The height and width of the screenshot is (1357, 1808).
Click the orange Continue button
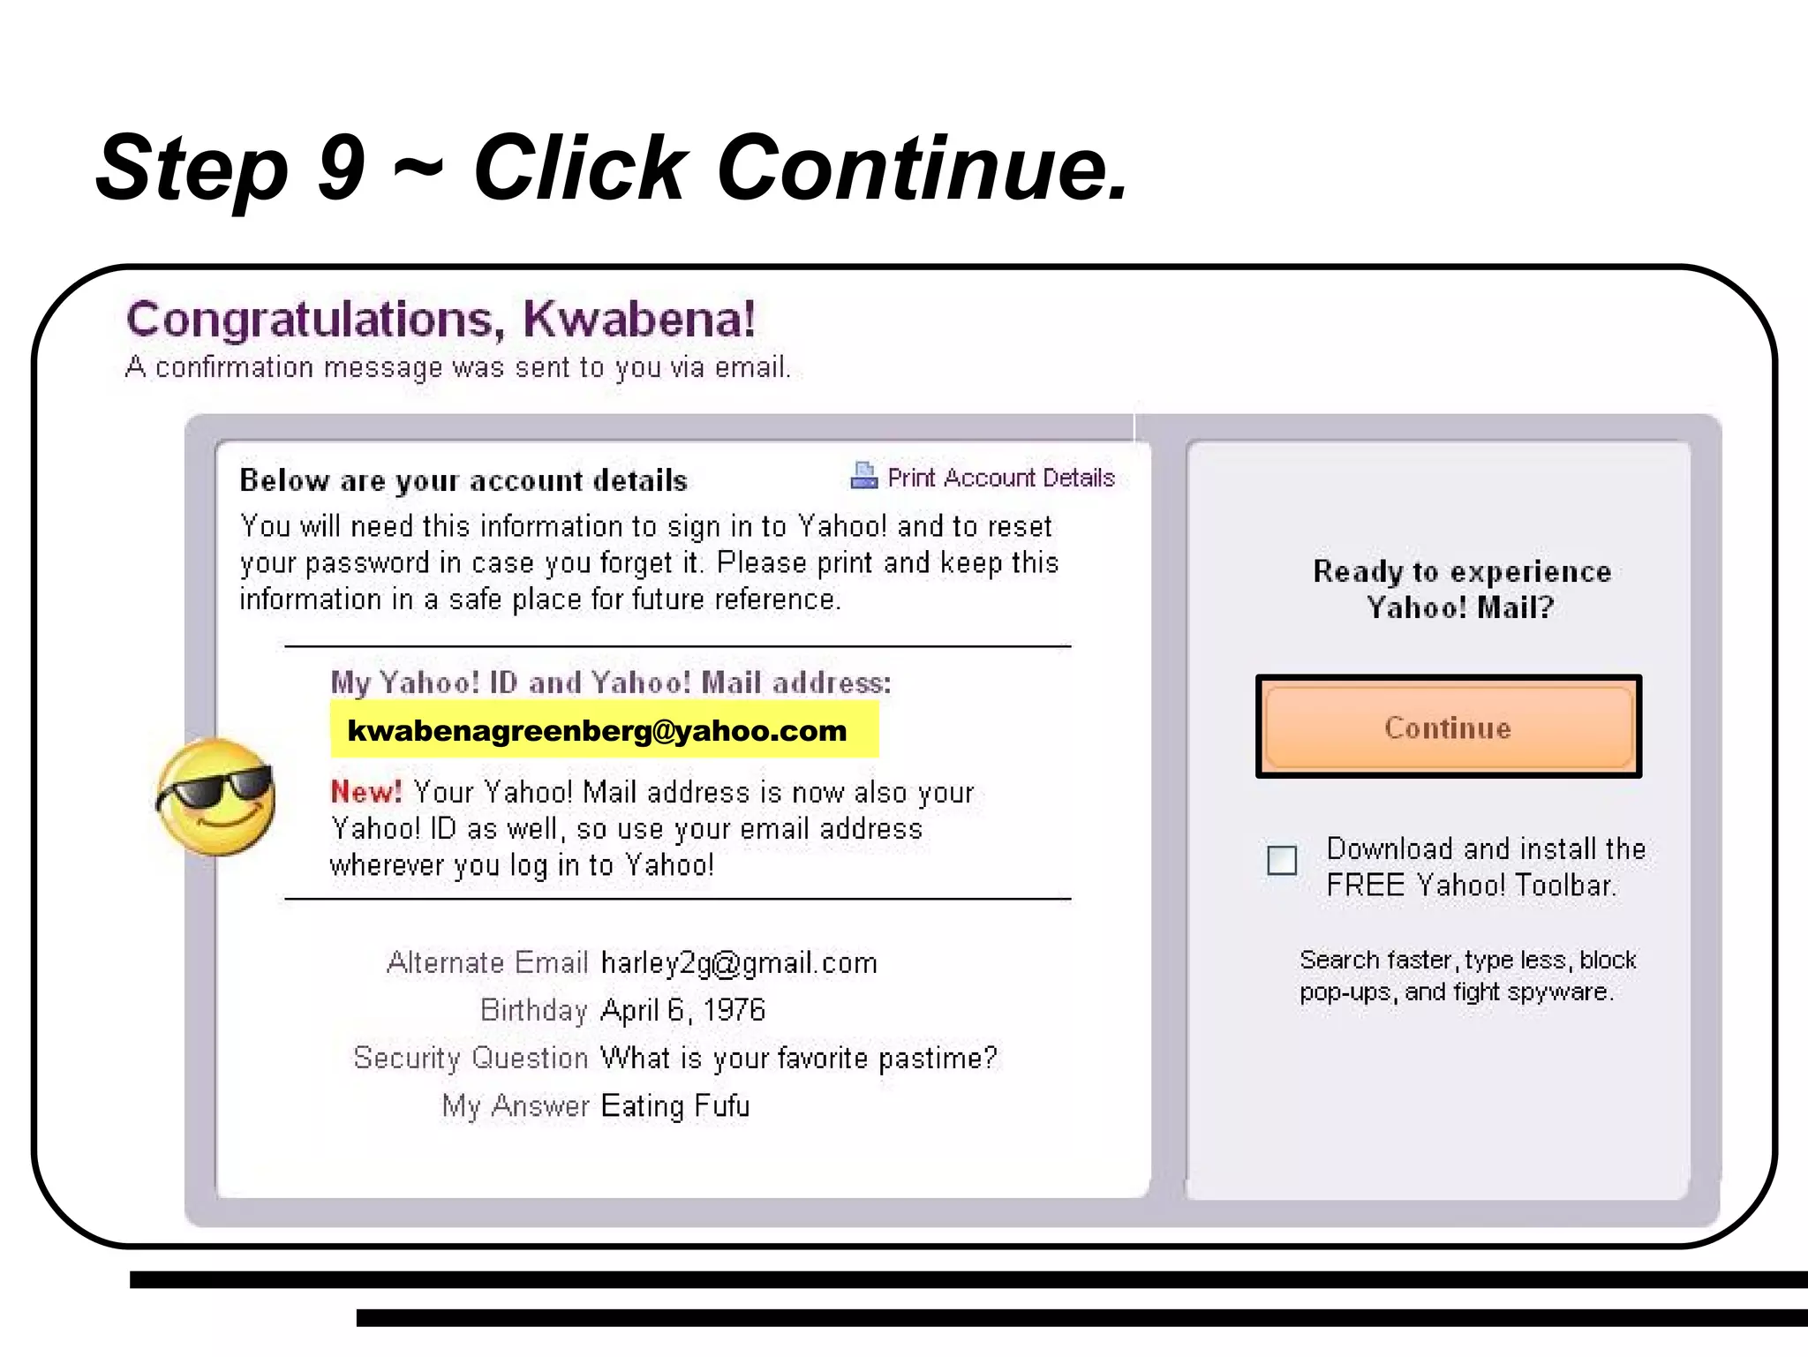[1448, 728]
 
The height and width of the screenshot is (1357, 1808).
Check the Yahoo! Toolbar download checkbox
[1282, 860]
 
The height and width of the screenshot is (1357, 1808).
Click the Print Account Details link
[1001, 478]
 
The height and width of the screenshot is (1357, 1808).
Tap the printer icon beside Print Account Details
[863, 476]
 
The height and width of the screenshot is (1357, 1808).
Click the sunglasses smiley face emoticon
[216, 797]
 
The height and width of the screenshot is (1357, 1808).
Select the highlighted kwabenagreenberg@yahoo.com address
[597, 731]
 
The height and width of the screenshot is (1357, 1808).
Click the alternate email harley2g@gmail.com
[739, 963]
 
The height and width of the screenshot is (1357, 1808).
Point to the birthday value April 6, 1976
[682, 1010]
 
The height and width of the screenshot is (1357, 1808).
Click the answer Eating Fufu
[674, 1106]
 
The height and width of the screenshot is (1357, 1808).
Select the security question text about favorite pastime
[798, 1058]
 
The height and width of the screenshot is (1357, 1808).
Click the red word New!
[365, 792]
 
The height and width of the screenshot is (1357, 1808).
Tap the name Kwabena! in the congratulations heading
[639, 320]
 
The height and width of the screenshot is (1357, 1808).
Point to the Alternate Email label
[487, 963]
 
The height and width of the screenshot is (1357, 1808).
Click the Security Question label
[471, 1058]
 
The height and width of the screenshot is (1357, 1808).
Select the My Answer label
[516, 1106]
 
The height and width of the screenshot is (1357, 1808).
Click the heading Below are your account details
[463, 480]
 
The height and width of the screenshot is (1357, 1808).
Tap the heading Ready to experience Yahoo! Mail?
[1461, 590]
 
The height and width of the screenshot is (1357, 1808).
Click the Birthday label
[533, 1010]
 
